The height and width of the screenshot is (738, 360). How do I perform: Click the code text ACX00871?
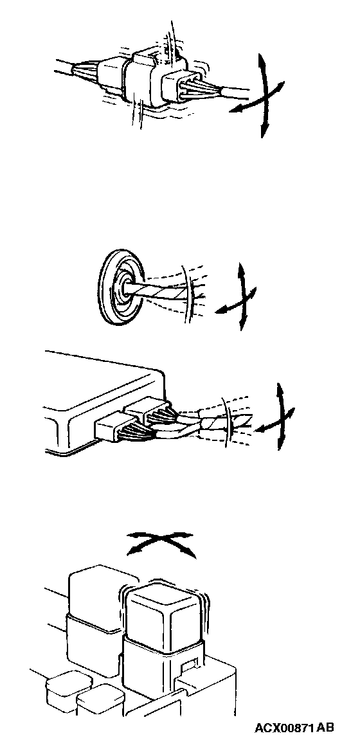(284, 728)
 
